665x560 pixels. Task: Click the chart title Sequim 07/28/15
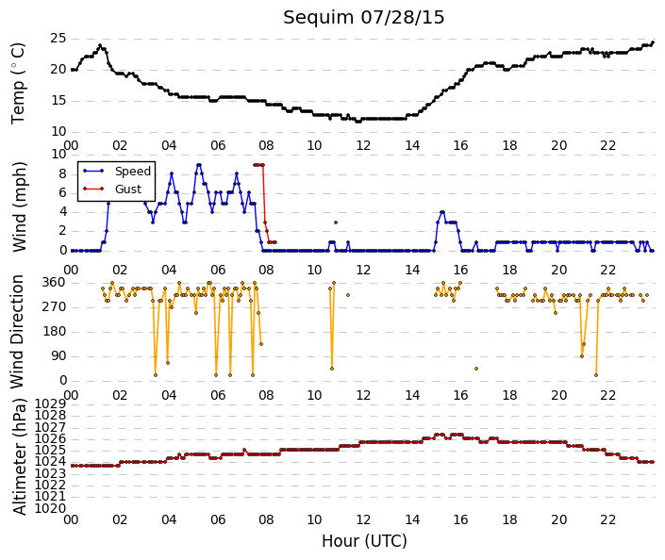click(x=363, y=18)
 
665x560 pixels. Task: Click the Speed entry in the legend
click(x=133, y=172)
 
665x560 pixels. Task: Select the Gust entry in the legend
click(x=128, y=189)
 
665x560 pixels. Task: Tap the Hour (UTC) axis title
click(x=364, y=541)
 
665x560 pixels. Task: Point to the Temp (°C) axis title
click(x=18, y=84)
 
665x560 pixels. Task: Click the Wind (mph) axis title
click(x=19, y=206)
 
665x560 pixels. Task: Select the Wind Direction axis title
click(x=17, y=332)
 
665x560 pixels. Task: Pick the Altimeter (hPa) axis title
click(x=19, y=456)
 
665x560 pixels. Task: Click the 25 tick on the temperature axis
click(x=58, y=39)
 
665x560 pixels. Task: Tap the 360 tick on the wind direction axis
click(x=55, y=283)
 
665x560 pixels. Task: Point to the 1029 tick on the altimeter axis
click(x=50, y=404)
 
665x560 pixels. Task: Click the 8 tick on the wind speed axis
click(x=63, y=173)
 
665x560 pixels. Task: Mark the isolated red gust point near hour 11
click(x=336, y=222)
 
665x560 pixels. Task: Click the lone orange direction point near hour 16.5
click(x=476, y=369)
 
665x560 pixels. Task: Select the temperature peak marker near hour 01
click(x=100, y=45)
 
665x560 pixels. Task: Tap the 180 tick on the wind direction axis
click(x=55, y=332)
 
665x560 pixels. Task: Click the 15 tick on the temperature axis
click(x=58, y=101)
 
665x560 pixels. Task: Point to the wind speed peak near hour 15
click(x=442, y=212)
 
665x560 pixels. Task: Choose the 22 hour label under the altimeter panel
click(x=607, y=519)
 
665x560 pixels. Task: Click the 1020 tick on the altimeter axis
click(x=50, y=508)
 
